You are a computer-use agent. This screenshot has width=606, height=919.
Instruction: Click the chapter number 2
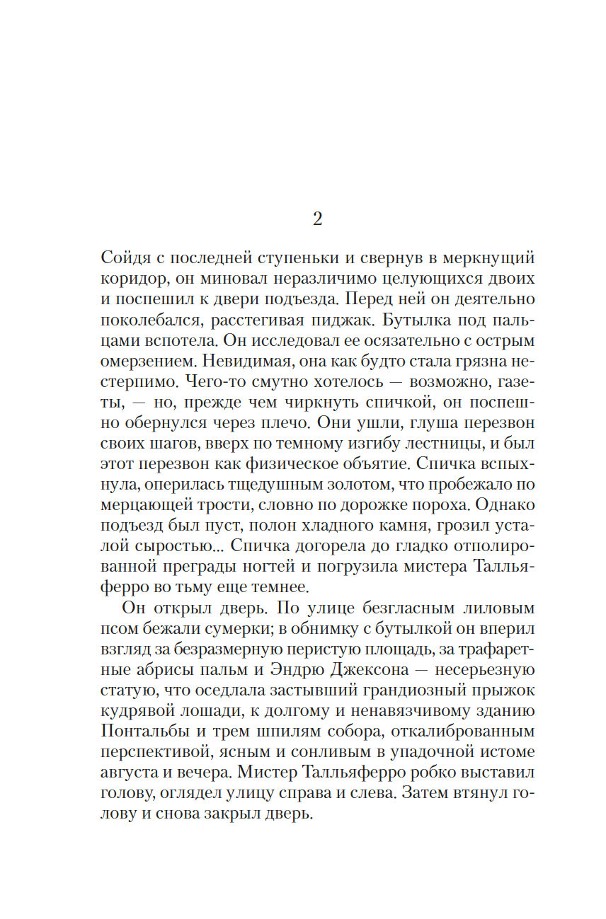click(317, 219)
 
